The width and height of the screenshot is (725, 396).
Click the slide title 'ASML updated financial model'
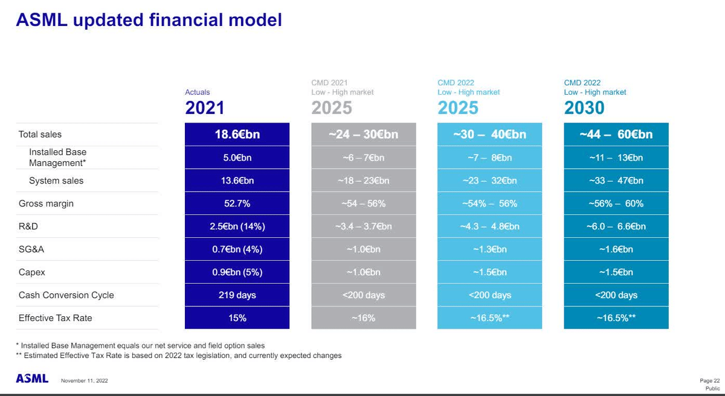(x=149, y=20)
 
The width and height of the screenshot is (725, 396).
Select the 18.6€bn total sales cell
(x=237, y=134)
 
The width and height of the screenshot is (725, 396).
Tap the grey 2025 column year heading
(x=332, y=108)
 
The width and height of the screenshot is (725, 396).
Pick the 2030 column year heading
(x=584, y=108)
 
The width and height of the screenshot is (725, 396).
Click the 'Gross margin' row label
(x=46, y=203)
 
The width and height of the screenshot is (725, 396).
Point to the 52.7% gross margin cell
(x=237, y=203)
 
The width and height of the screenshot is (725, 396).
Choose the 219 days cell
(x=237, y=295)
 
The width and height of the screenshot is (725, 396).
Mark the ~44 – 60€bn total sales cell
(x=616, y=134)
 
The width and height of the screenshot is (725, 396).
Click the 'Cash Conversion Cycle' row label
(x=66, y=295)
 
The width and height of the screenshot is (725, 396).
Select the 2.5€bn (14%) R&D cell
(x=237, y=226)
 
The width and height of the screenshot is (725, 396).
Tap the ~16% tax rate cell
(x=363, y=318)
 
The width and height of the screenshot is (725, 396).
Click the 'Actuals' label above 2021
(x=198, y=92)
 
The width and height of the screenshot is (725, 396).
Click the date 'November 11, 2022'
(x=85, y=381)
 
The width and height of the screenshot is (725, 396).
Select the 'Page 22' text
(x=709, y=380)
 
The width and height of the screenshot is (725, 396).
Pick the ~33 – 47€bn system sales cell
(x=616, y=180)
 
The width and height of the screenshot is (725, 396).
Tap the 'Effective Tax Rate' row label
(x=55, y=318)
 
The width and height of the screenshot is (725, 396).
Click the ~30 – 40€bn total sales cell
(x=489, y=134)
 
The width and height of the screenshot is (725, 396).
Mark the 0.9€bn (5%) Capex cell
(x=237, y=272)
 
